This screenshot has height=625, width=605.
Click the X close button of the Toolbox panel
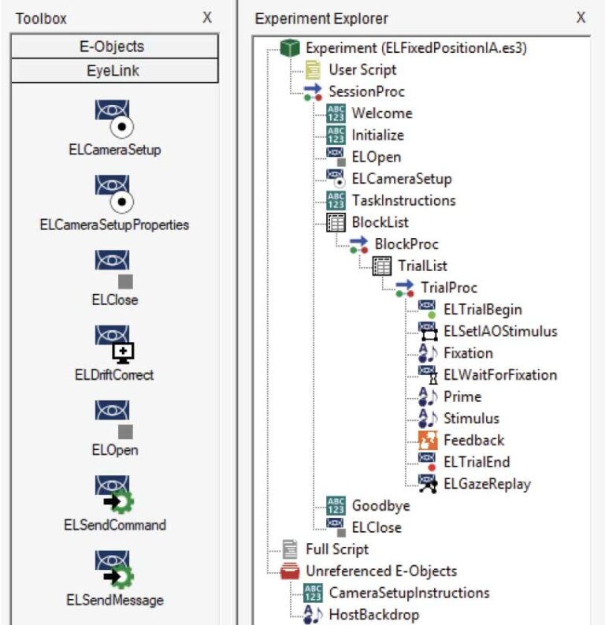(207, 17)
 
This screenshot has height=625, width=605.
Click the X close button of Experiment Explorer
(581, 17)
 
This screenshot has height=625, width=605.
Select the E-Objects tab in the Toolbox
(114, 46)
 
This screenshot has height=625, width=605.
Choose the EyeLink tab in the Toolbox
(114, 71)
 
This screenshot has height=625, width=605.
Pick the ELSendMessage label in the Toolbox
(114, 600)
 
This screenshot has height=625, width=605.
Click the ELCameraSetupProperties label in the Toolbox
(114, 225)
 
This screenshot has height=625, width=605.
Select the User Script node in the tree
(362, 69)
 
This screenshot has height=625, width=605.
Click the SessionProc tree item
(366, 91)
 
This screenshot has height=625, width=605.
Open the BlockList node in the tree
(380, 222)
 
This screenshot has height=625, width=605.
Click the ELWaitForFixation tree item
(499, 374)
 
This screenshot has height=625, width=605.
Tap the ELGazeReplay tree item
(487, 484)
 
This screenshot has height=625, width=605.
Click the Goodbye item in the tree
(380, 505)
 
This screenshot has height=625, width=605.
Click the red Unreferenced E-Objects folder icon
(291, 571)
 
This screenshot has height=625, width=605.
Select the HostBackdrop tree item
(374, 614)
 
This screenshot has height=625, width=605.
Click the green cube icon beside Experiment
(291, 48)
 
